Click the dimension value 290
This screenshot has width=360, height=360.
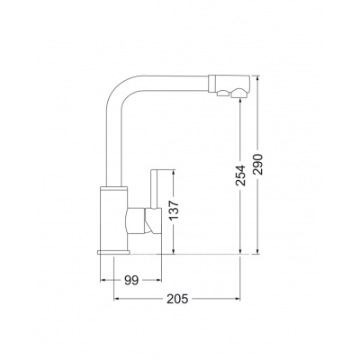click(x=257, y=165)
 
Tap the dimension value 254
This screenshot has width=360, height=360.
click(x=240, y=175)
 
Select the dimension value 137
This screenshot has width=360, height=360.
click(x=174, y=210)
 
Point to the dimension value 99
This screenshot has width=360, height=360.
click(x=131, y=281)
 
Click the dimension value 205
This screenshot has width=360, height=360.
click(x=177, y=299)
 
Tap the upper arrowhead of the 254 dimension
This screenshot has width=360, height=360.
click(x=240, y=102)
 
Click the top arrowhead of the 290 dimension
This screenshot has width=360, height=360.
click(x=257, y=78)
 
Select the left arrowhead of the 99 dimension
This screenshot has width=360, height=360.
click(x=103, y=281)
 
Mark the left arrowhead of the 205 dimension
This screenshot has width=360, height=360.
click(x=117, y=299)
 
